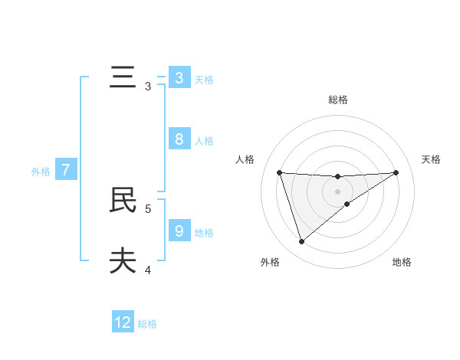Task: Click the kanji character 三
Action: point(123,78)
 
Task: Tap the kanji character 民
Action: point(123,200)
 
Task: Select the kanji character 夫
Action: point(123,261)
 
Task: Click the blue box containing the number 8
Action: point(179,139)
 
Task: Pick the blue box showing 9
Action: point(179,231)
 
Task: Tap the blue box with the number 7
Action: point(66,170)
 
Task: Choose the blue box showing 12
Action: point(123,322)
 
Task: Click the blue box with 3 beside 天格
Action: point(179,78)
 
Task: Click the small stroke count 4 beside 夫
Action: point(148,270)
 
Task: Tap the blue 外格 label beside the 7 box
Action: point(41,172)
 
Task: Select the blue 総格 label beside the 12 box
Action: point(147,324)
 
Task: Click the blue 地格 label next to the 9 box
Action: point(204,232)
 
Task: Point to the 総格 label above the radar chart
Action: point(338,100)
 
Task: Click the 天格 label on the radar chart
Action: point(431,159)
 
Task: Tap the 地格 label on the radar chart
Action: point(402,262)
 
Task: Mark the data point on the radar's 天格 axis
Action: point(396,172)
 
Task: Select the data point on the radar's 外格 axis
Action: point(301,241)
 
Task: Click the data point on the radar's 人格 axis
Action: point(279,172)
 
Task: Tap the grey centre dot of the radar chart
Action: point(337,191)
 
